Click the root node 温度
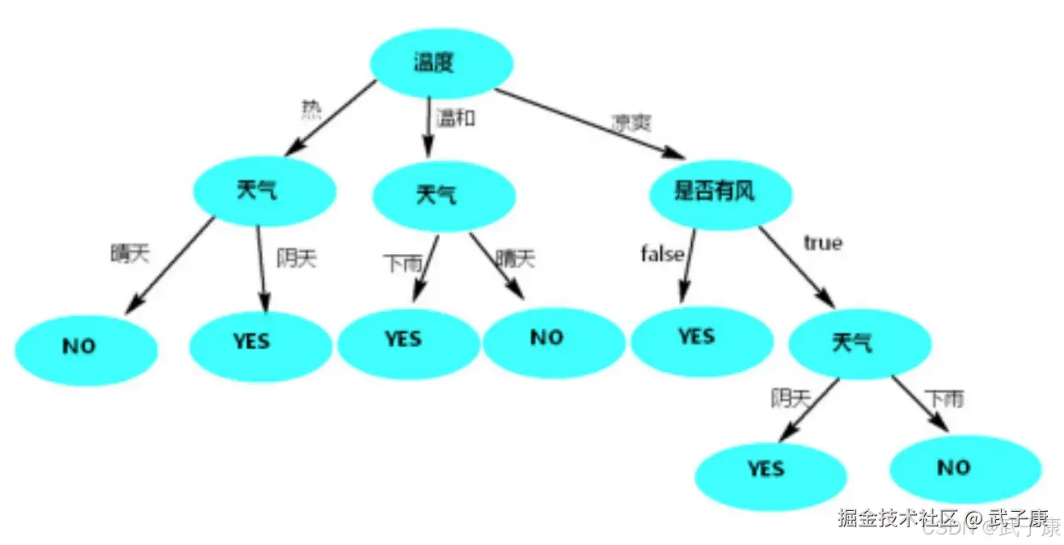(441, 63)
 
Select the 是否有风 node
(720, 192)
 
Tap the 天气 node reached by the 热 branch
(264, 191)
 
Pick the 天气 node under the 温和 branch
(443, 195)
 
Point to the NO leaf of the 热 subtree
(86, 348)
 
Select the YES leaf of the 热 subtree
(260, 343)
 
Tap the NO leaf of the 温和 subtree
(553, 340)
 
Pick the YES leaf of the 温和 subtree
(407, 340)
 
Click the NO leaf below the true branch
(964, 468)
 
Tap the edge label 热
(311, 109)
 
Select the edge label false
(662, 254)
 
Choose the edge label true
(822, 243)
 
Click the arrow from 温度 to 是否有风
(590, 123)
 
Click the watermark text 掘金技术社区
(897, 518)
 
